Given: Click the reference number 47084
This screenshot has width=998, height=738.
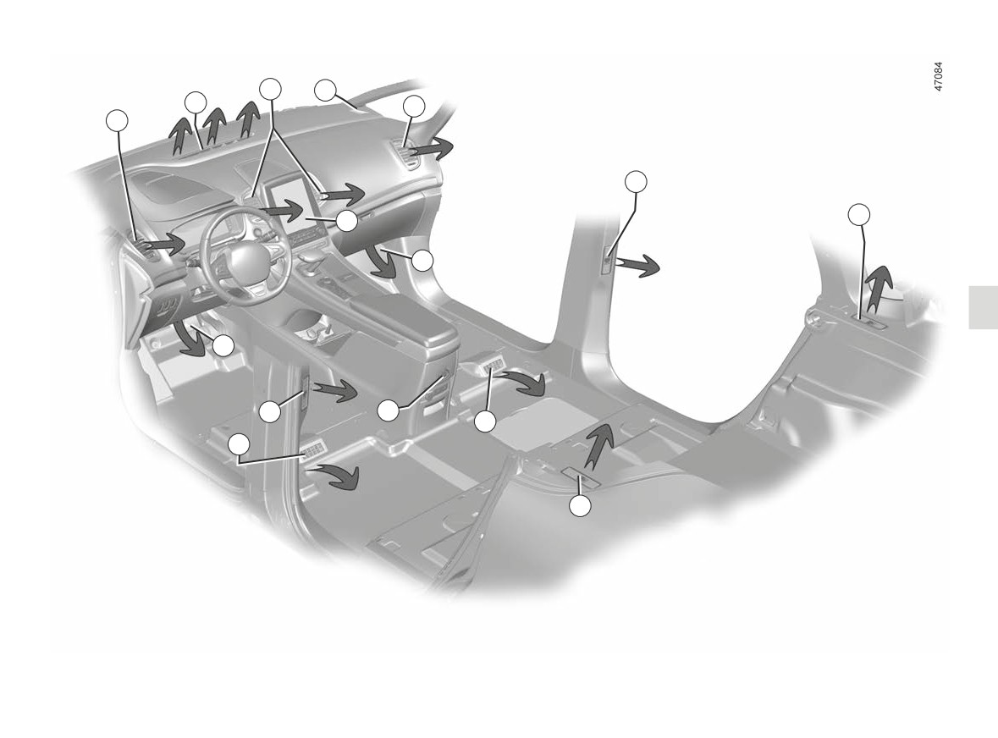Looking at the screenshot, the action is [938, 77].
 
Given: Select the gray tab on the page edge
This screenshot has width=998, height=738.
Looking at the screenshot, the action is [984, 307].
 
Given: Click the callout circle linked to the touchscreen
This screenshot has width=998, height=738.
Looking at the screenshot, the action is [348, 221].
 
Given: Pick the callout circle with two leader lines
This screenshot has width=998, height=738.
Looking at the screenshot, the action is [271, 89].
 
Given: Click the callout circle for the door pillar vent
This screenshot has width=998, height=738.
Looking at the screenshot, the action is [636, 181].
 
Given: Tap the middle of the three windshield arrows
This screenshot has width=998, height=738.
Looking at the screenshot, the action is [217, 124].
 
